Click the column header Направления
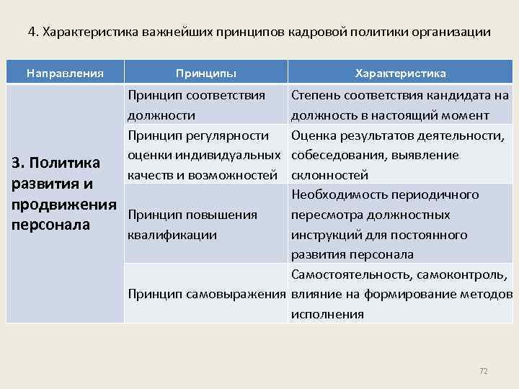[x=65, y=73]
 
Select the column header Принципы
[x=205, y=73]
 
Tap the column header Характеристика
[x=400, y=73]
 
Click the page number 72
[x=484, y=371]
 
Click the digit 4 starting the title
[x=31, y=32]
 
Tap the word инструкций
[x=324, y=234]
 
